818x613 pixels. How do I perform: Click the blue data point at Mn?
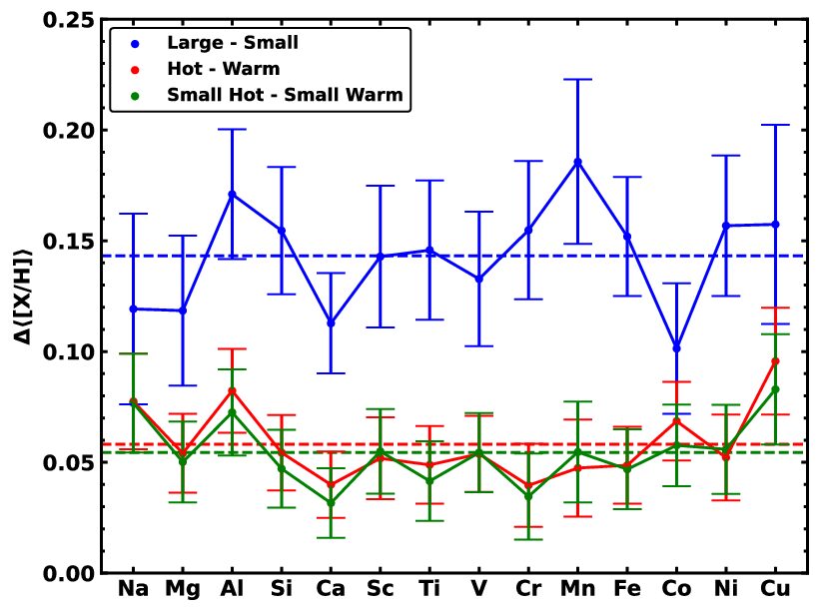pos(577,162)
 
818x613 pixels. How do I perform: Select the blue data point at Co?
pos(676,348)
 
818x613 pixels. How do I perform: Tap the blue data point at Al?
pos(232,195)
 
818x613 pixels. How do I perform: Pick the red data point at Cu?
pos(775,361)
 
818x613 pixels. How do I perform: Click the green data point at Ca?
pos(331,502)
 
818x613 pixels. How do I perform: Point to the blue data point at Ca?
pos(331,323)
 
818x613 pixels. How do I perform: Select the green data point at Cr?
pos(528,496)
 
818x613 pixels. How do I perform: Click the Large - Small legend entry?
pos(215,43)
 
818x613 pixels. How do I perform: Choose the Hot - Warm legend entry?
pos(206,69)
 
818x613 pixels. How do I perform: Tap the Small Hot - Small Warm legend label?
pos(285,95)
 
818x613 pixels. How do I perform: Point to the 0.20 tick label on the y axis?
pos(68,131)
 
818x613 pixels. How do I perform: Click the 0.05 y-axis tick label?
pos(68,463)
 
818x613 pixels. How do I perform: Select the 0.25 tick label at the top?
pos(68,20)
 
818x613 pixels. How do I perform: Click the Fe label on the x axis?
pos(627,588)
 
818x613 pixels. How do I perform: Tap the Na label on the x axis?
pos(134,588)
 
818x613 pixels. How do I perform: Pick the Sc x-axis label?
pos(380,588)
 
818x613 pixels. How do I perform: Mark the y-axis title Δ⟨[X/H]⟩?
pos(22,298)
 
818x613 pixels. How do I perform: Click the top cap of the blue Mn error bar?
pos(577,79)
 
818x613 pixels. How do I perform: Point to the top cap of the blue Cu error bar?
pos(775,125)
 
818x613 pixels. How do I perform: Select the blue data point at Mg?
pos(183,310)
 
